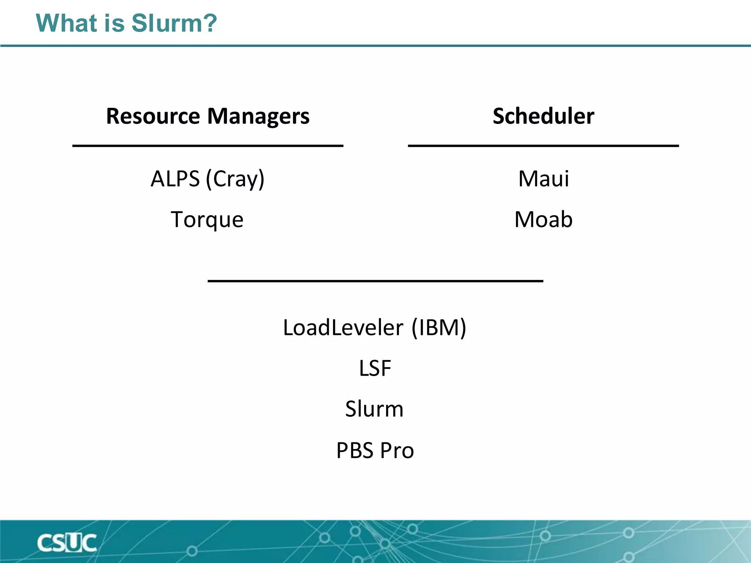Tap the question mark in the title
(x=210, y=23)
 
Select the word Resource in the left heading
(x=153, y=116)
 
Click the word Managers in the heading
(x=259, y=116)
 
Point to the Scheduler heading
(x=543, y=116)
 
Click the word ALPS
(x=175, y=179)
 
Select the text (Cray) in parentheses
(x=235, y=179)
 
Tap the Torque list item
(x=207, y=220)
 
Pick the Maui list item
(x=543, y=179)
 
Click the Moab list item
(x=543, y=220)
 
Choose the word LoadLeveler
(x=343, y=327)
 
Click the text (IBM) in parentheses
(x=439, y=327)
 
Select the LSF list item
(x=375, y=368)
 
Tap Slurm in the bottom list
(x=374, y=409)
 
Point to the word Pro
(x=397, y=450)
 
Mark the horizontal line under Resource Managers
(x=208, y=146)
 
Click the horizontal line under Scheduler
(x=543, y=146)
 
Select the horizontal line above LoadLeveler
(x=375, y=281)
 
